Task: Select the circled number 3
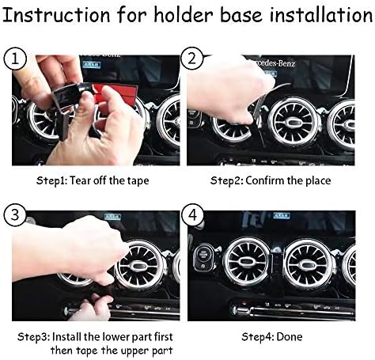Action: (x=15, y=213)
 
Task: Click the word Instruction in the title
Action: (x=57, y=14)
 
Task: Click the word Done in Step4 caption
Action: (x=290, y=336)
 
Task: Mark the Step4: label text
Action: (x=255, y=336)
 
